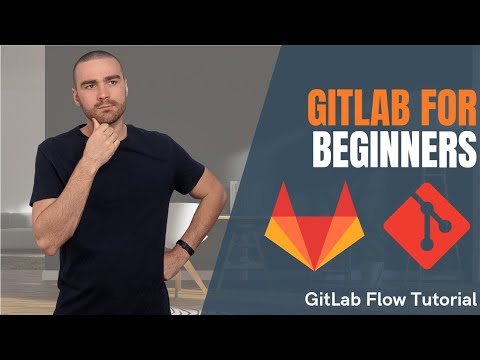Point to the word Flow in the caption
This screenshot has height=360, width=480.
click(391, 298)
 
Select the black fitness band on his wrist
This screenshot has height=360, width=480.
click(186, 246)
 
